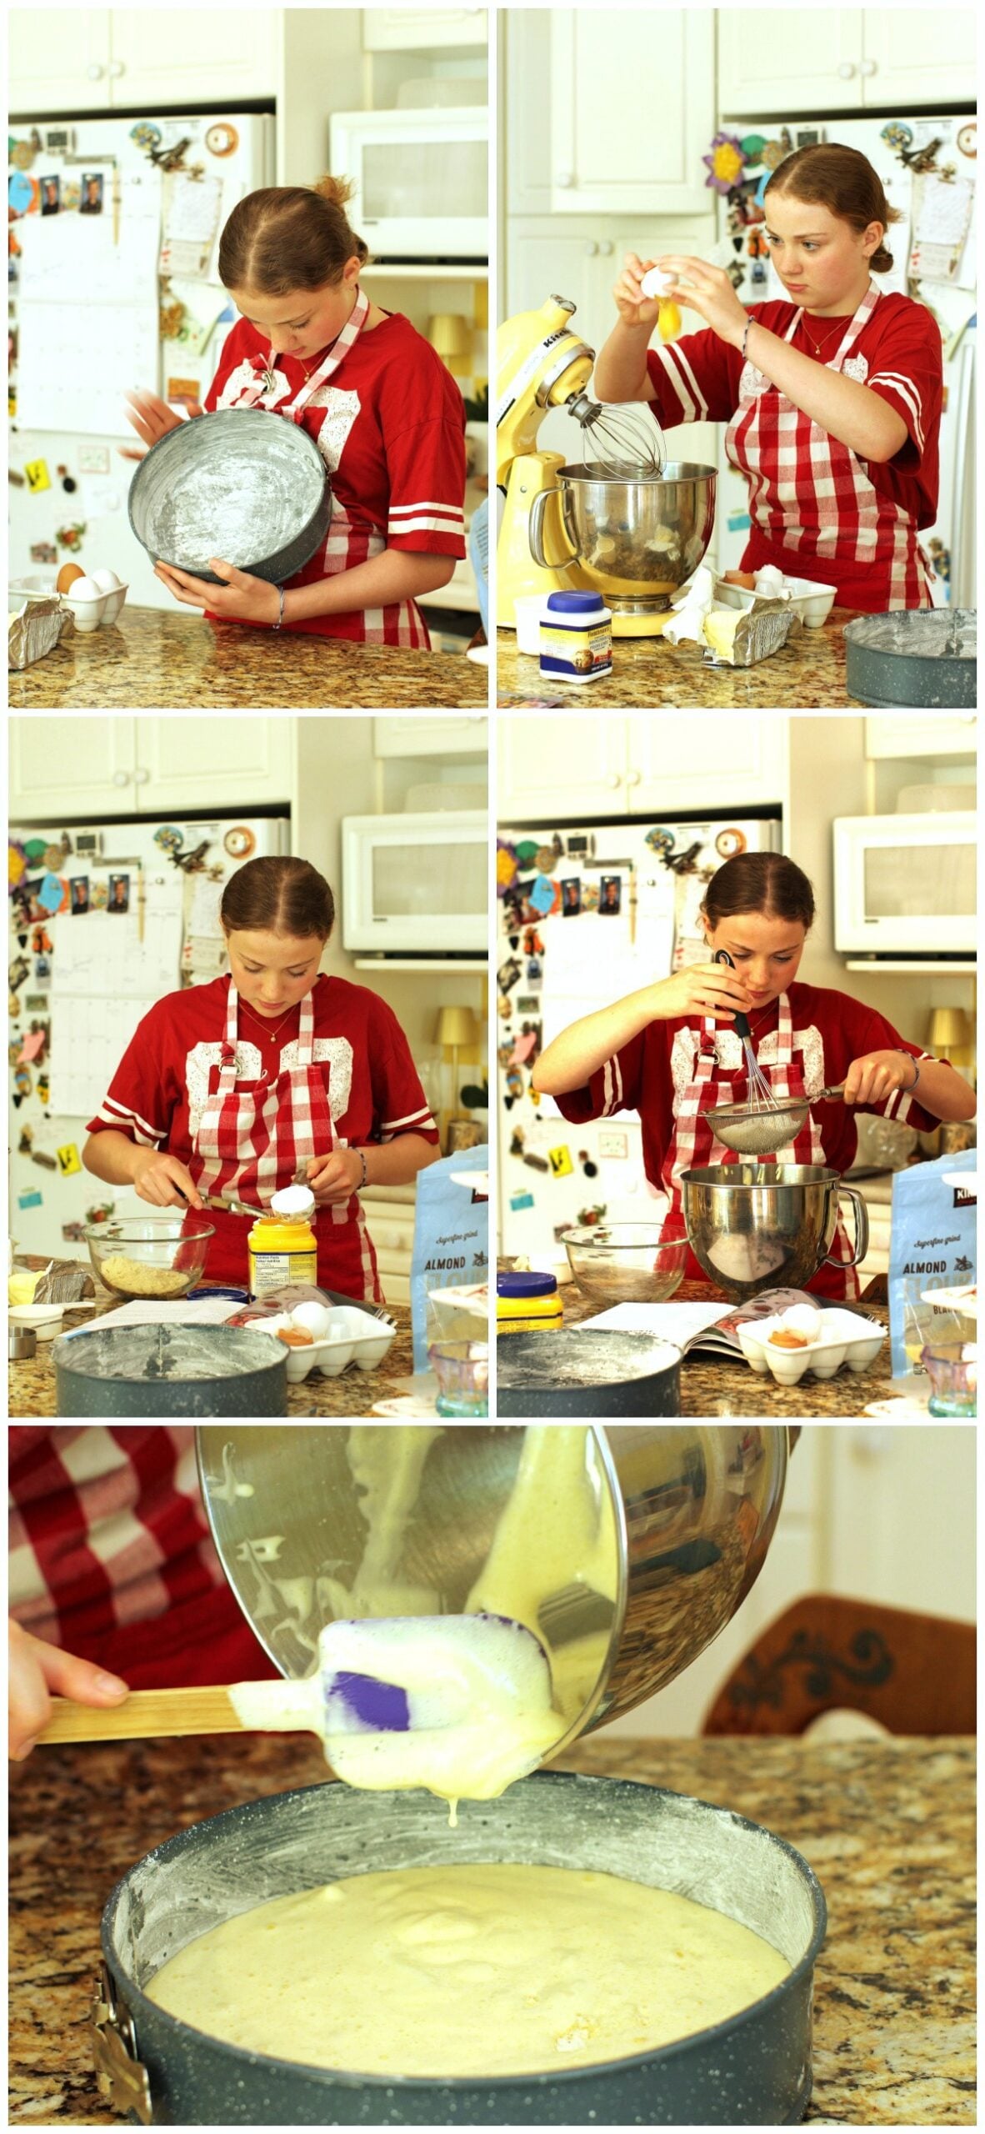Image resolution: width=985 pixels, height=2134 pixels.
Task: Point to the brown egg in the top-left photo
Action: pyautogui.click(x=70, y=576)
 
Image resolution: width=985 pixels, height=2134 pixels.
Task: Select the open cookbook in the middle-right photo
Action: pyautogui.click(x=667, y=1329)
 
